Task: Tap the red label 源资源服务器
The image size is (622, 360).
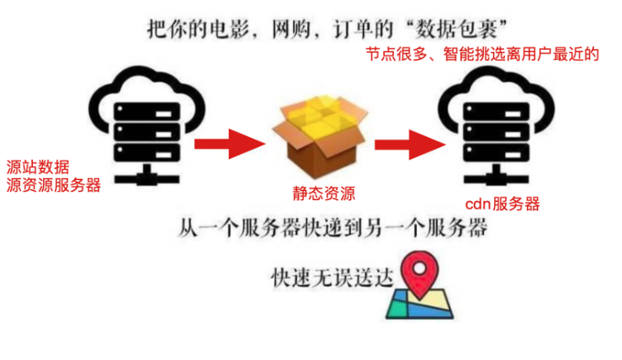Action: tap(53, 186)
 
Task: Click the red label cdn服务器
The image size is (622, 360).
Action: tap(502, 204)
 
